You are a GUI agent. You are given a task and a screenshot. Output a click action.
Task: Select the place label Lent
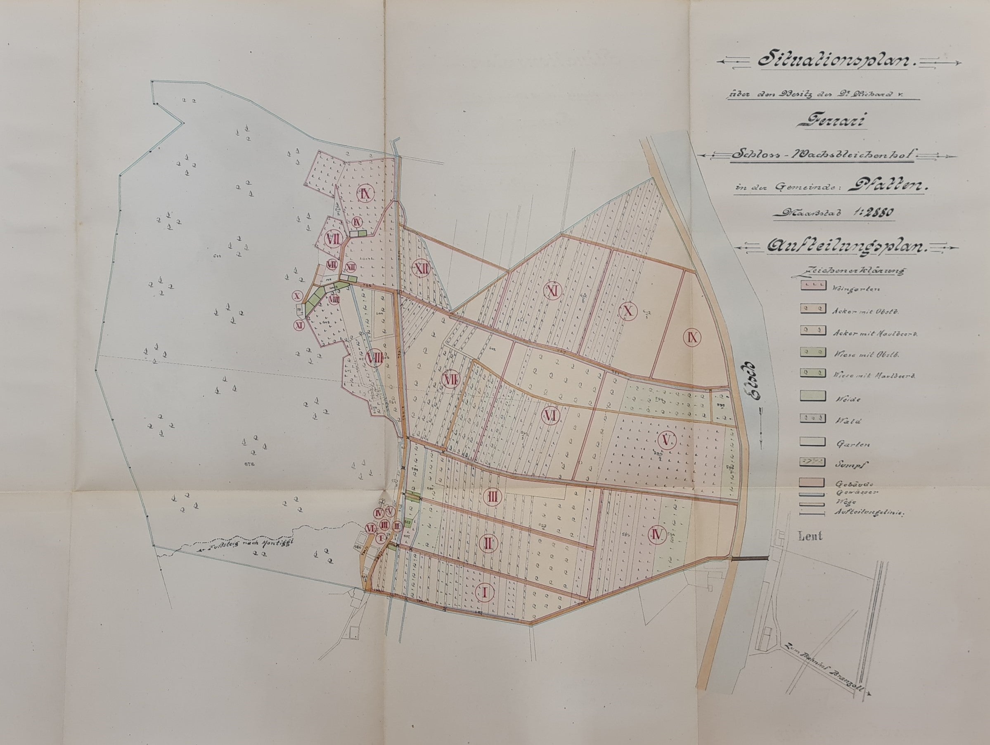coord(810,536)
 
